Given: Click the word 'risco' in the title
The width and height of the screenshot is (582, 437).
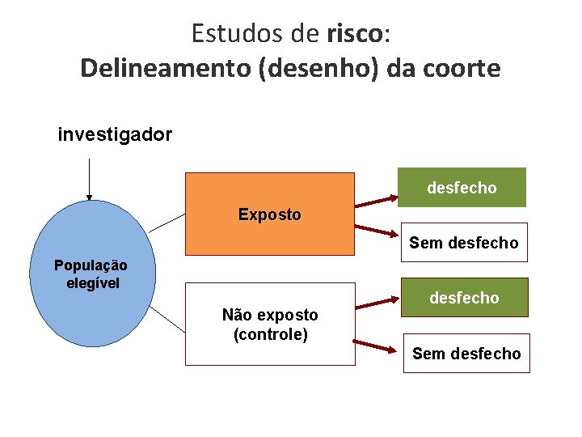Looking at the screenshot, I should tap(356, 33).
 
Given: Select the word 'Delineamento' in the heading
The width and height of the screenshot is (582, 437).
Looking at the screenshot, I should tap(166, 68).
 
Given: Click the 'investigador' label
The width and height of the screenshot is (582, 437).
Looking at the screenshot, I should tap(115, 134).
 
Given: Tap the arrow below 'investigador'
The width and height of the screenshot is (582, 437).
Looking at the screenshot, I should tap(89, 178).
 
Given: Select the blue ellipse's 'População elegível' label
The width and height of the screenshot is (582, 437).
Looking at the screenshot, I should tap(91, 274).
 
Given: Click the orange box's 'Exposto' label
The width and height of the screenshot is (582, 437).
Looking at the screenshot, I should tap(270, 215).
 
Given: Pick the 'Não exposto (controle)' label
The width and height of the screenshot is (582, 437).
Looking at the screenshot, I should tap(270, 324).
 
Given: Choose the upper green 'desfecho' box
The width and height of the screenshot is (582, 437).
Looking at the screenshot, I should tap(462, 188).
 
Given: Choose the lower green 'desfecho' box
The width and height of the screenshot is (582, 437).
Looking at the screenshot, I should tap(465, 298).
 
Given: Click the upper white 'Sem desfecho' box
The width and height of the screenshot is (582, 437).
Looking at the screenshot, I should tap(463, 243).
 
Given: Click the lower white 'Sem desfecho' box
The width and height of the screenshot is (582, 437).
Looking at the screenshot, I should tap(466, 354).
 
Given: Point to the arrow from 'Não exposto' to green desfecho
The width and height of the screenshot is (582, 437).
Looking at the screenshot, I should tap(381, 304).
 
